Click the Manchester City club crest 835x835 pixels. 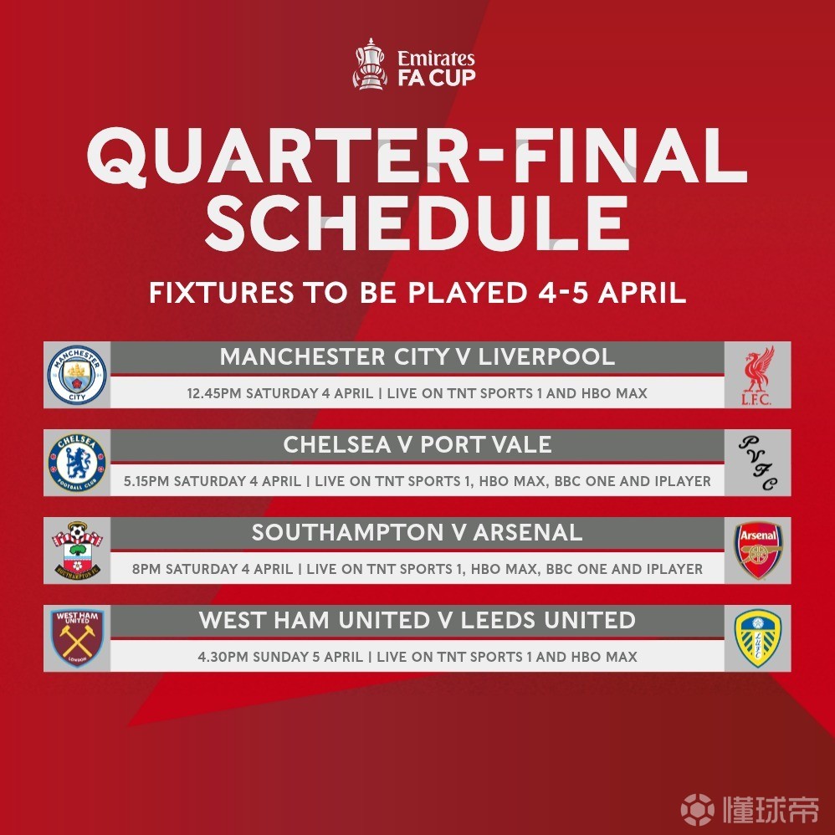click(x=77, y=375)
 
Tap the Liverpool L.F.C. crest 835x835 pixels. click(x=758, y=376)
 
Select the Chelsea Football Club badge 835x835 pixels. click(x=77, y=463)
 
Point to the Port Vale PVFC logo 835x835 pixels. click(x=758, y=463)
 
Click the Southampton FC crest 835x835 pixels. click(x=78, y=551)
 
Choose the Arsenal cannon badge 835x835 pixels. click(x=758, y=550)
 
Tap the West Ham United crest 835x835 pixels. click(x=77, y=638)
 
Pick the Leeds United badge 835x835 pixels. click(x=758, y=638)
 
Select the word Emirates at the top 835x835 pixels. click(x=436, y=58)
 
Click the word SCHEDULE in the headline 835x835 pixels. click(x=418, y=223)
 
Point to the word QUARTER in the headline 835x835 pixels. click(x=278, y=156)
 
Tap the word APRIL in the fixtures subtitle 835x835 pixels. click(x=643, y=292)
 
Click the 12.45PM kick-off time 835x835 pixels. click(x=214, y=393)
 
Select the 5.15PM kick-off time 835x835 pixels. click(x=146, y=481)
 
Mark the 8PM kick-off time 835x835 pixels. click(x=146, y=569)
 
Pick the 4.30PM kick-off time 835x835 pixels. click(x=223, y=657)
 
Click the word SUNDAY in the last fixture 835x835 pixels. click(x=280, y=657)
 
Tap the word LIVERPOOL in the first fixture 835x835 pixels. click(x=546, y=356)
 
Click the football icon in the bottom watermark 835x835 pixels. click(x=698, y=809)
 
